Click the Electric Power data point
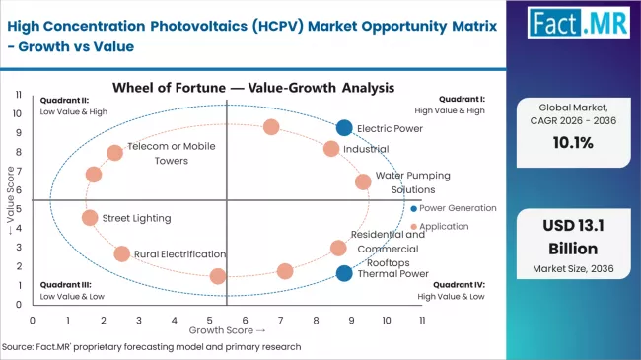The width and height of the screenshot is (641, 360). pyautogui.click(x=343, y=127)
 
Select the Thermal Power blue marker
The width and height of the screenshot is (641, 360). pyautogui.click(x=343, y=273)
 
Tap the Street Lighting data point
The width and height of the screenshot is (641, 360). pyautogui.click(x=90, y=218)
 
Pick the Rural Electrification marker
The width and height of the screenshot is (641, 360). pyautogui.click(x=121, y=253)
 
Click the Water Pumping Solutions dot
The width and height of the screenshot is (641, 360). pyautogui.click(x=363, y=181)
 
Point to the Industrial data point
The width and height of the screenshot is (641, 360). pyautogui.click(x=331, y=149)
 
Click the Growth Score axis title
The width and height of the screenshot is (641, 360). pyautogui.click(x=228, y=331)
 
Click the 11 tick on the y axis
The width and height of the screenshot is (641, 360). pyautogui.click(x=19, y=94)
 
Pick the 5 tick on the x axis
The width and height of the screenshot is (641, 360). pyautogui.click(x=210, y=320)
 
